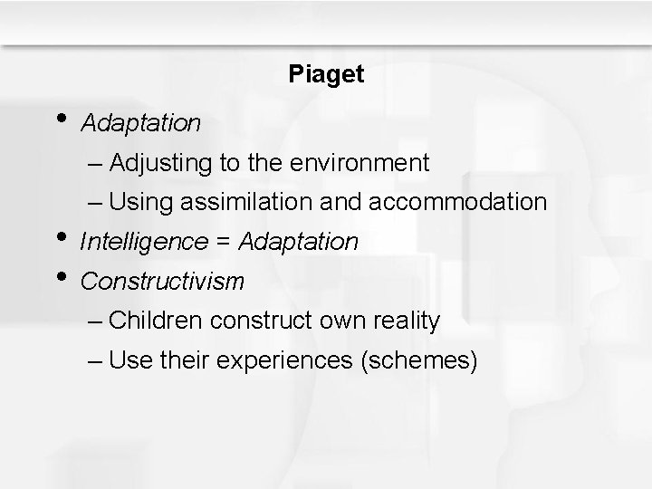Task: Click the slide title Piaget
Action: pyautogui.click(x=326, y=74)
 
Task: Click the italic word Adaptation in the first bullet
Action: pyautogui.click(x=140, y=122)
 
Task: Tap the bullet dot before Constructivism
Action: pyautogui.click(x=60, y=273)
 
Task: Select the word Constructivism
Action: pyautogui.click(x=162, y=282)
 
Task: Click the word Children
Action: pyautogui.click(x=157, y=321)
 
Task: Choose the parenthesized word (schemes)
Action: pyautogui.click(x=418, y=360)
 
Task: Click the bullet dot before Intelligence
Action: pyautogui.click(x=60, y=234)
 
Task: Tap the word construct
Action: pyautogui.click(x=258, y=321)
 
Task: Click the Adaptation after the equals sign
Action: pyautogui.click(x=299, y=243)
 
